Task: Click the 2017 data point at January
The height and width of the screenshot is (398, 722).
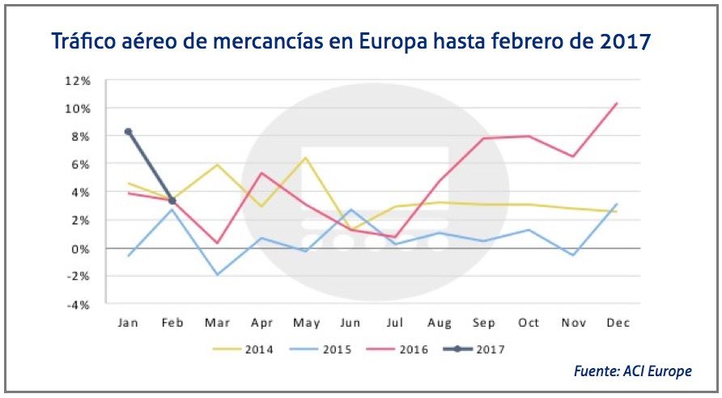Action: point(128,131)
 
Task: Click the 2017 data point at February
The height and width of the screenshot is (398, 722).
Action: point(172,201)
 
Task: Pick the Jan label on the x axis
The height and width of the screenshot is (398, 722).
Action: point(128,323)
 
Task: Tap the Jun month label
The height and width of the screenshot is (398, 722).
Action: point(350,323)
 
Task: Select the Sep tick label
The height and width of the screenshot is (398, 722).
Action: point(483,323)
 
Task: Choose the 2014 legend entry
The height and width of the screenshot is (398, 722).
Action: point(242,350)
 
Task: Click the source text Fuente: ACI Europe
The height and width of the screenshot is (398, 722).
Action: point(633,371)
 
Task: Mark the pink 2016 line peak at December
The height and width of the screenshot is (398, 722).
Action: point(617,103)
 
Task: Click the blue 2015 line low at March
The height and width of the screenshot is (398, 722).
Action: point(217,274)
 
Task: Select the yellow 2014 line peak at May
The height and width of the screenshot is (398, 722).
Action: point(305,157)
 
